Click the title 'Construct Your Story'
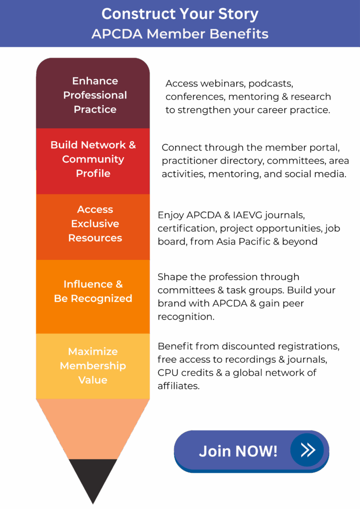click(x=180, y=14)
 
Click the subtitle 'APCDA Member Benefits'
click(x=180, y=34)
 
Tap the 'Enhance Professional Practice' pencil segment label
click(x=94, y=95)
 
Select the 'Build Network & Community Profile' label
click(x=93, y=159)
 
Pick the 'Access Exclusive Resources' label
click(x=94, y=224)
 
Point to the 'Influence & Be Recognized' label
click(x=93, y=291)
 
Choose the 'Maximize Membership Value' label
click(x=93, y=365)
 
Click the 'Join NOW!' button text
click(x=238, y=451)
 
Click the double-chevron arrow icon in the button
click(x=308, y=450)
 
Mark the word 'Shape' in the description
click(x=172, y=277)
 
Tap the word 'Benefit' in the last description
click(x=174, y=346)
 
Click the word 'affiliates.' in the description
click(x=179, y=386)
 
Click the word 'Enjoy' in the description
click(x=171, y=215)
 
